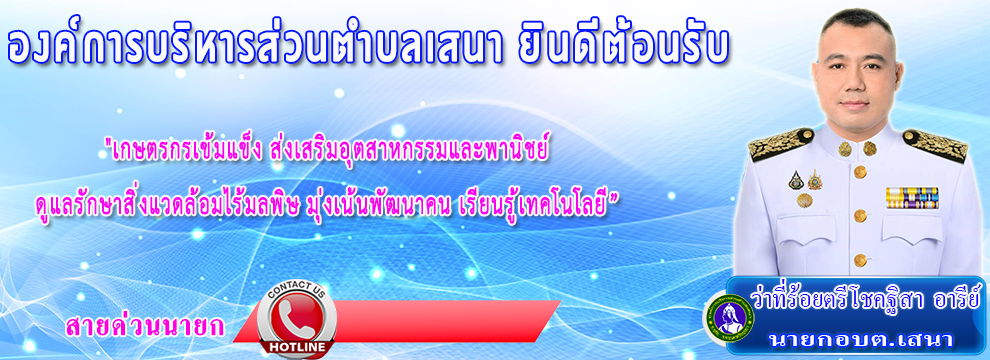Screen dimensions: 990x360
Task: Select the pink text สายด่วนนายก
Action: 145,326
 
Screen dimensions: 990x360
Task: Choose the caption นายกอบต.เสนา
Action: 859,339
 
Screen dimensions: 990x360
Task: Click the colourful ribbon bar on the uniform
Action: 911,198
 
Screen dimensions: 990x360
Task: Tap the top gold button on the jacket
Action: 860,171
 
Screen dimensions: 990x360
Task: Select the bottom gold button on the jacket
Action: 860,260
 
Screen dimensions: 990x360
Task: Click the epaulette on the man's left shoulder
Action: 934,145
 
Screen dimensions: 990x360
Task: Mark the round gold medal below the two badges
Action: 804,200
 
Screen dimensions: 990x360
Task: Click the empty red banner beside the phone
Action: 442,321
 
